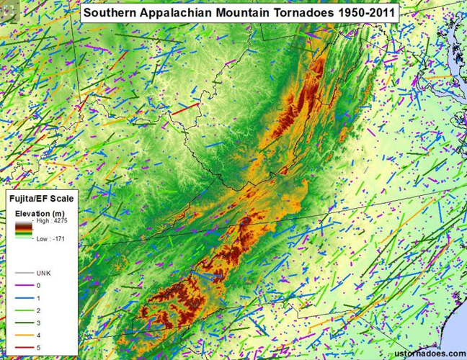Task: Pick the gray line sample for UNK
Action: [24, 274]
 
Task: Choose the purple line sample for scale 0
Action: [24, 286]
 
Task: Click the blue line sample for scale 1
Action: [24, 298]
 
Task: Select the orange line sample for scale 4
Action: [24, 334]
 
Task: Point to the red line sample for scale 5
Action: [24, 346]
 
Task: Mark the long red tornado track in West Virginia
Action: [184, 109]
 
